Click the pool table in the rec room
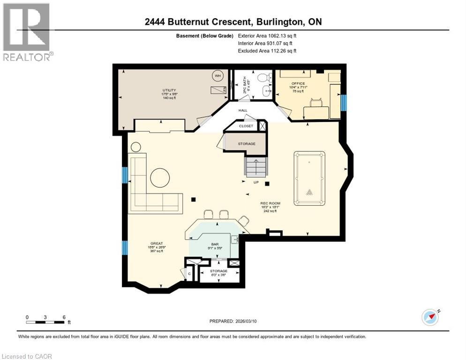[x=309, y=178]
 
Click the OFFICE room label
[x=298, y=83]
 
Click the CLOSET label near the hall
[x=246, y=126]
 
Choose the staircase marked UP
[x=256, y=167]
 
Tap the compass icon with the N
[x=429, y=317]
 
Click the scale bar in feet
[x=45, y=322]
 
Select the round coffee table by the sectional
[x=160, y=178]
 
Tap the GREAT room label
[x=156, y=243]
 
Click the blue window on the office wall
[x=344, y=103]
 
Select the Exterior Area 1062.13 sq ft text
[x=267, y=36]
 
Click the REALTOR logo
[x=26, y=32]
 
